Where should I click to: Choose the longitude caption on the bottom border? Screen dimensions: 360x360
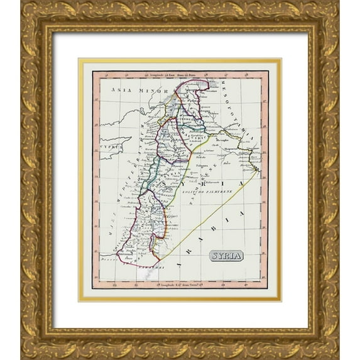click(x=179, y=283)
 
